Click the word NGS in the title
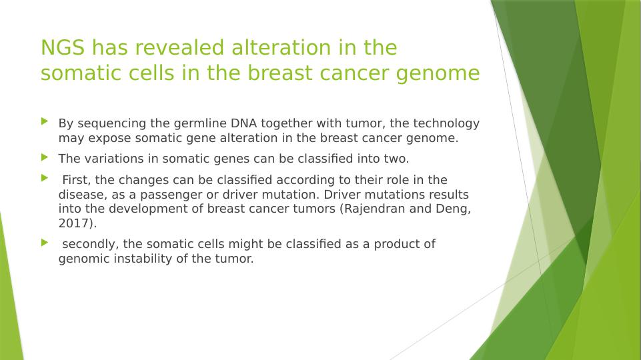tap(63, 47)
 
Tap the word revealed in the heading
tap(180, 47)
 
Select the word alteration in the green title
tap(281, 47)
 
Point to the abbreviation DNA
tap(243, 123)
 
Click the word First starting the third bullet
tap(77, 180)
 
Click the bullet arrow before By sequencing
tap(45, 121)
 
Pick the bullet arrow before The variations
tap(45, 157)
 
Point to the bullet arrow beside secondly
tap(45, 243)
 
